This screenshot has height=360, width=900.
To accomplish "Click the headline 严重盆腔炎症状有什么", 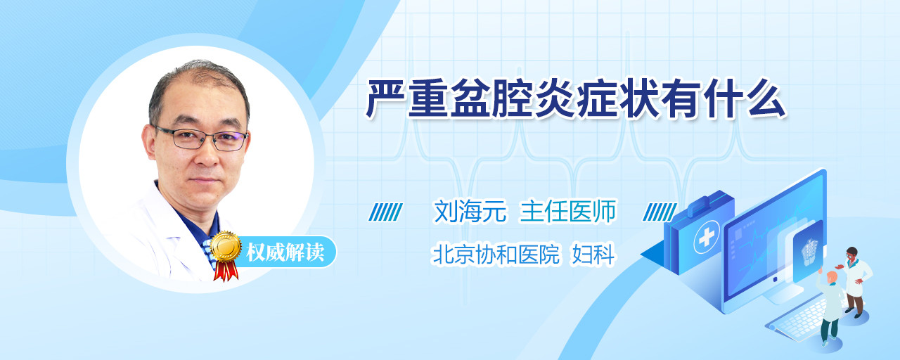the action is point(576,99).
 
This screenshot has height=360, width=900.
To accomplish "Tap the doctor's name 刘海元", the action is point(470,212).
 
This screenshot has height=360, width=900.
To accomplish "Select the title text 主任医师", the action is point(567,212).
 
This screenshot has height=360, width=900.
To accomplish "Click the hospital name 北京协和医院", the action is point(496,255).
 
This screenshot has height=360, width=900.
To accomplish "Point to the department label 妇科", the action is point(593,255).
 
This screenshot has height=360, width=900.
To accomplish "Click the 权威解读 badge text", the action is point(285,252).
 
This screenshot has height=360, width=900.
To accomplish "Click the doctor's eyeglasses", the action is point(201,139).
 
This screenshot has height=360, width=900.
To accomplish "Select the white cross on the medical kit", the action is point(707,237).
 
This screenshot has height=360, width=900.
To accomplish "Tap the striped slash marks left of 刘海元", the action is point(385,212).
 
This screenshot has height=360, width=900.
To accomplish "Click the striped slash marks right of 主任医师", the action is point(660,212).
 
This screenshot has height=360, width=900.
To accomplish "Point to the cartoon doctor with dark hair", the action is point(856,282).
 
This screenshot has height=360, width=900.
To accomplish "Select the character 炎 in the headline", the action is point(555,99).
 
